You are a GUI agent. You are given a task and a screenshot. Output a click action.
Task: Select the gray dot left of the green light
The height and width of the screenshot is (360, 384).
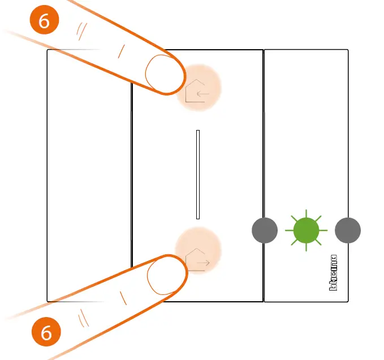click(x=264, y=231)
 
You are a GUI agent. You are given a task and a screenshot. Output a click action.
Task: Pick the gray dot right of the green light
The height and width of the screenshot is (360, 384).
click(x=348, y=231)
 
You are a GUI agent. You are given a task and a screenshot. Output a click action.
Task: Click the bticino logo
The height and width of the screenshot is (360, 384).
click(x=334, y=272)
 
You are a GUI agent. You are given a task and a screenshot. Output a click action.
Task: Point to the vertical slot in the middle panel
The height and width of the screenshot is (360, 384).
click(x=198, y=175)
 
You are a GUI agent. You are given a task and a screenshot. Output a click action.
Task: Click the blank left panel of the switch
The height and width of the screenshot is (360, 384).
click(x=89, y=175)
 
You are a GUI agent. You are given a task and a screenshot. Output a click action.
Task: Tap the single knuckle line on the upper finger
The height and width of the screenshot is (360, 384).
click(x=120, y=51)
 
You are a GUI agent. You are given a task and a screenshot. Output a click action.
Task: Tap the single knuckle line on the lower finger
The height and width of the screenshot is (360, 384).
click(x=121, y=297)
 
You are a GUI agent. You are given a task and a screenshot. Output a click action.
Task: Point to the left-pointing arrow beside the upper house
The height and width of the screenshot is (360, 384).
click(x=203, y=94)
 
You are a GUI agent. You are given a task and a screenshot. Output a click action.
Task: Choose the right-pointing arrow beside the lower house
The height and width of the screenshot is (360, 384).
click(x=204, y=263)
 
